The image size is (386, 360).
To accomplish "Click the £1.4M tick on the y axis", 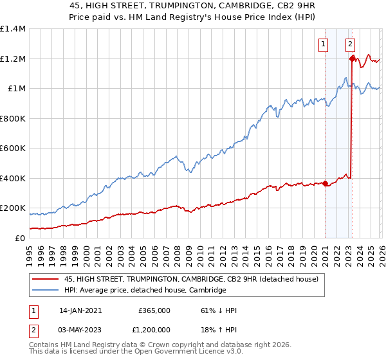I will click(13, 29).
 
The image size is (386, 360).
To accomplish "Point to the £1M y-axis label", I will click(16, 89).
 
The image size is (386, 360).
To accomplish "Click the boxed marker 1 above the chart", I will click(322, 44).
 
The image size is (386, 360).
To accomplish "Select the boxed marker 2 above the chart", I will click(350, 44).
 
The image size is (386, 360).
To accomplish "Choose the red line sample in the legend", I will click(46, 279).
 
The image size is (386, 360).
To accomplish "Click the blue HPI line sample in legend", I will click(46, 291).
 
